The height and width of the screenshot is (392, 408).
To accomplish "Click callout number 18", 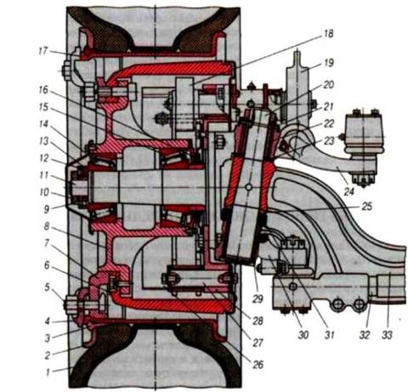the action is click(329, 34).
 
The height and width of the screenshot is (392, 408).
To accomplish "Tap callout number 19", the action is click(329, 63).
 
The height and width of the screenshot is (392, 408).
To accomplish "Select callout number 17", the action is click(43, 52).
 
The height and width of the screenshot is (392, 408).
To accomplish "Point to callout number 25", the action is click(367, 207).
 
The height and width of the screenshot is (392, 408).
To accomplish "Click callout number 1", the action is click(48, 372).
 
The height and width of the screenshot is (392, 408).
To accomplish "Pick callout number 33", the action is click(387, 335).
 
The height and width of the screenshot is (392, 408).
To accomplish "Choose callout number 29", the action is click(258, 298).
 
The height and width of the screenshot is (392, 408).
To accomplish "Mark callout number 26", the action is click(258, 365).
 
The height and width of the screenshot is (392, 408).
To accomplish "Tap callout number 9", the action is click(47, 209).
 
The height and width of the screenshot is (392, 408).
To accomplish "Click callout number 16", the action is click(43, 90).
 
